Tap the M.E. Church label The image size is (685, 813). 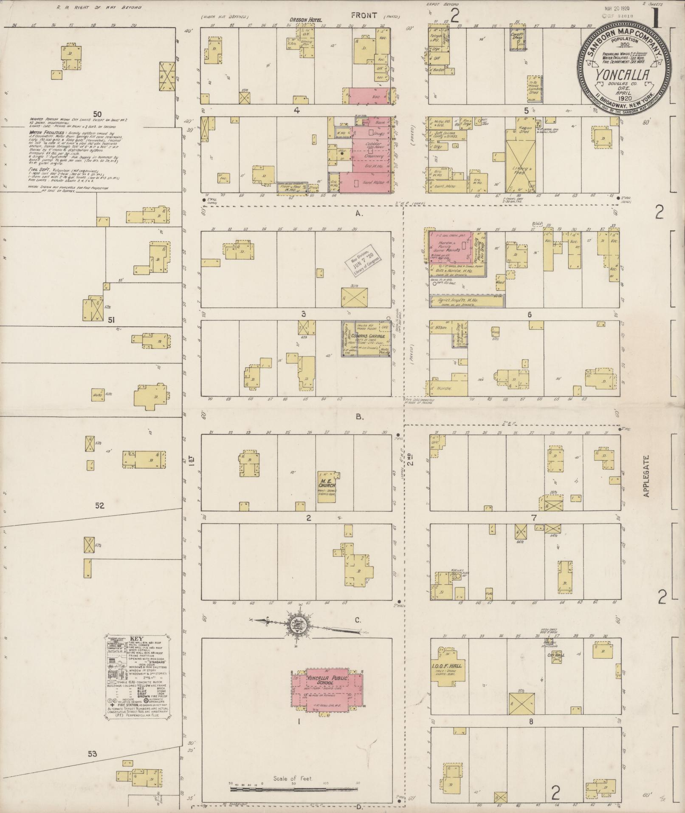coord(327,483)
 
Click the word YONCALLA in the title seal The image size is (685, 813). coord(623,74)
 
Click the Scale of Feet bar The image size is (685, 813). coord(293,789)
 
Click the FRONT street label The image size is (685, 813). coord(364,16)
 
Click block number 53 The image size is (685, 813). coord(93,754)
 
